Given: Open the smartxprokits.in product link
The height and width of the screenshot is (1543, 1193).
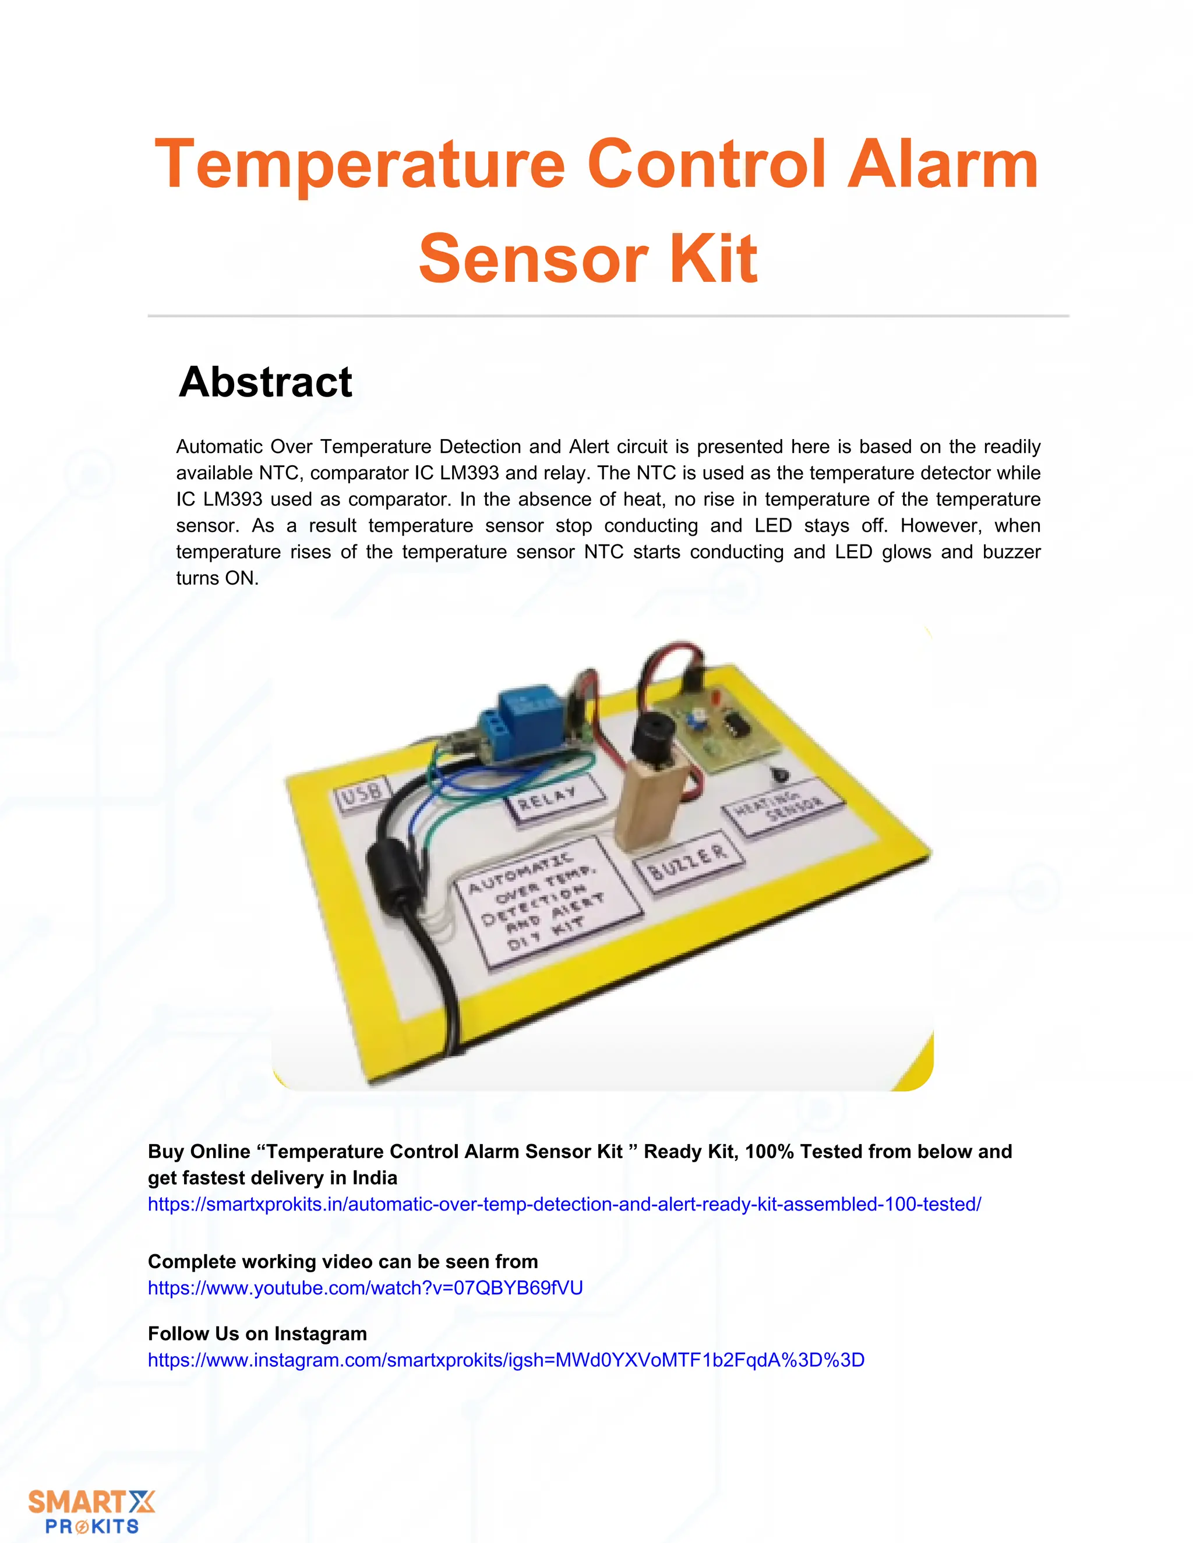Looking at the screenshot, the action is (x=564, y=1204).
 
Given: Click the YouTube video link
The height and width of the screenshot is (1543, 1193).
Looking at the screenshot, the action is (x=365, y=1288).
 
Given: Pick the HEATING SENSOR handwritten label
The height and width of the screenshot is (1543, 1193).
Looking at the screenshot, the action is (x=782, y=808).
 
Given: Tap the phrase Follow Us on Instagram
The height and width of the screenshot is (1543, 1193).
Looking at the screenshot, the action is (x=257, y=1333).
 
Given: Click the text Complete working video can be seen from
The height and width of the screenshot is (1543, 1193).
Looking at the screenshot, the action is (x=343, y=1261).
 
